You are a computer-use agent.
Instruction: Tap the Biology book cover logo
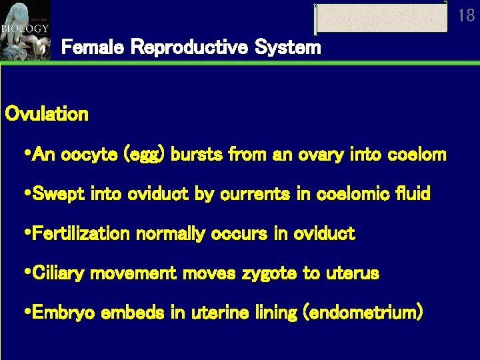tap(25, 30)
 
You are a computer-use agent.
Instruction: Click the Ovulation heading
tap(47, 114)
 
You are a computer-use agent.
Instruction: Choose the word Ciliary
tap(62, 274)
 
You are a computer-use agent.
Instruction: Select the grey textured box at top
tap(381, 18)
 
